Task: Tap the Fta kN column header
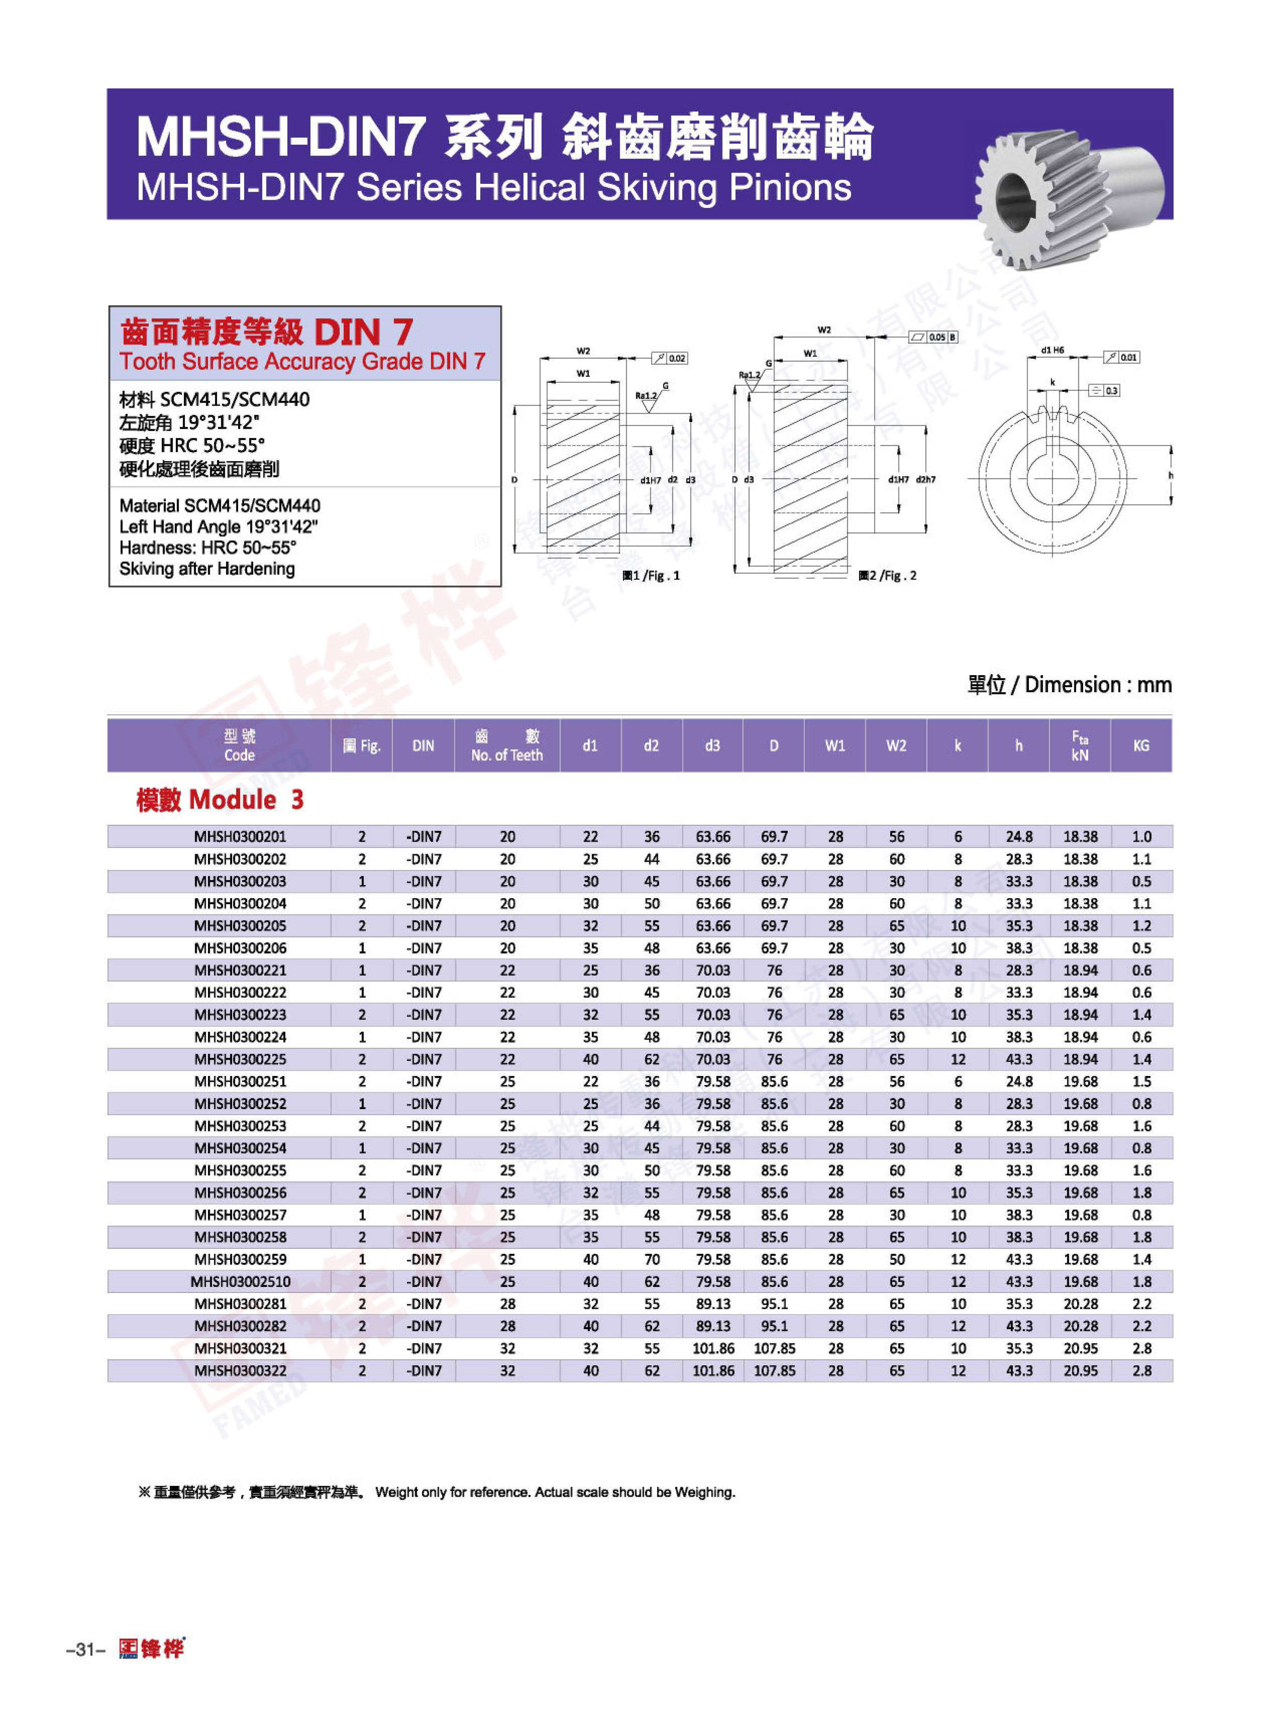point(1080,745)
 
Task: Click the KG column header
point(1141,745)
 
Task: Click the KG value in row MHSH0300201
point(1141,837)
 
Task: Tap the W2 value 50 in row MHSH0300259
point(897,1259)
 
